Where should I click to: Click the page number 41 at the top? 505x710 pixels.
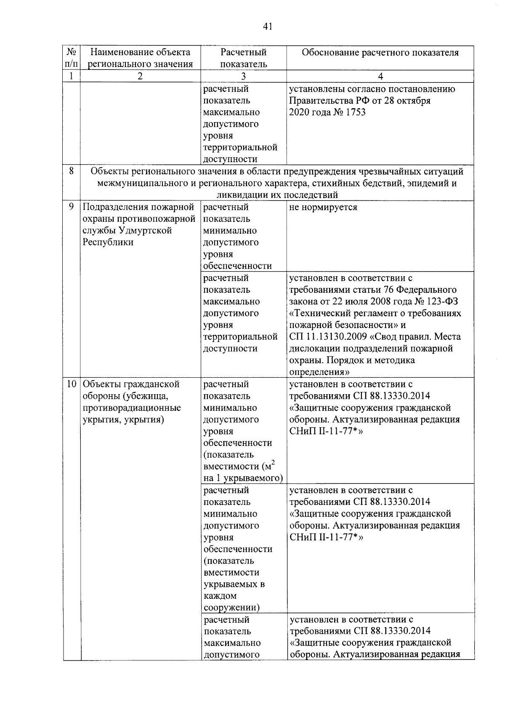268,27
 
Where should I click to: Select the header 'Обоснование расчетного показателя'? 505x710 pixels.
380,53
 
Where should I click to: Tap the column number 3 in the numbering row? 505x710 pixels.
243,76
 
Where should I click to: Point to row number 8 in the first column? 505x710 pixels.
72,171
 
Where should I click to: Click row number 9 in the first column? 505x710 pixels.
72,207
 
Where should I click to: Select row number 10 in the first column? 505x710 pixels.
72,384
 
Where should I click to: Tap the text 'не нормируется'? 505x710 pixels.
323,207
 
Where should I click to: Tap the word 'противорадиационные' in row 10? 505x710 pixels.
132,408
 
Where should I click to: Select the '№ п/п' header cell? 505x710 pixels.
72,58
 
